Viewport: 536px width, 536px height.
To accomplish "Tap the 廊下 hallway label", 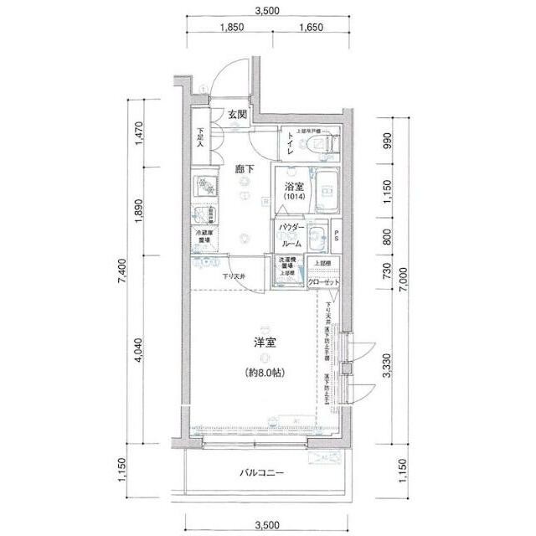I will click(x=245, y=169).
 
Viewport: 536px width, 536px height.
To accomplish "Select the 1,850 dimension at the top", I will click(x=231, y=28).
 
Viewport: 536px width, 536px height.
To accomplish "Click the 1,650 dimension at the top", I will click(x=309, y=28).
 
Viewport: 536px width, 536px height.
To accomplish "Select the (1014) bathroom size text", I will click(x=293, y=198).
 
